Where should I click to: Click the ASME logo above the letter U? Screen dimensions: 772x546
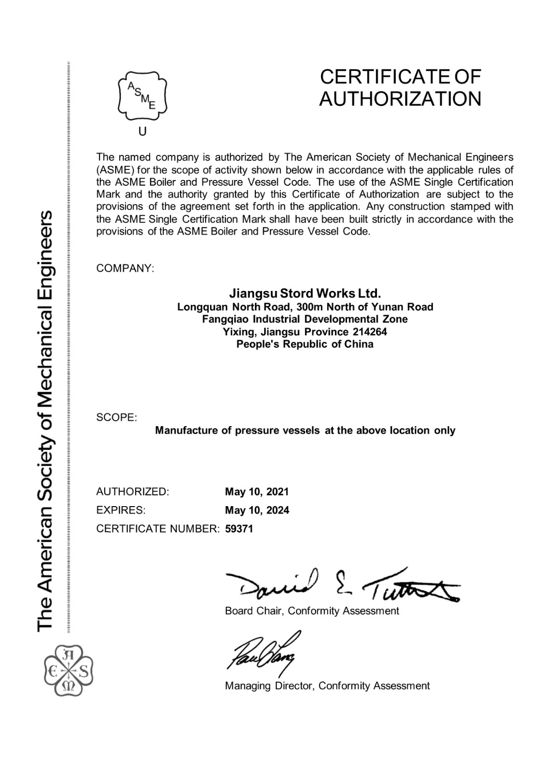point(142,96)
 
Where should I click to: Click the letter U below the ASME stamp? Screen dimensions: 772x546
point(142,131)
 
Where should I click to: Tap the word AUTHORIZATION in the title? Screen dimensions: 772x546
point(400,99)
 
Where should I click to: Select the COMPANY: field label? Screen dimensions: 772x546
point(125,269)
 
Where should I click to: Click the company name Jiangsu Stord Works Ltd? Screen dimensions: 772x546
point(305,293)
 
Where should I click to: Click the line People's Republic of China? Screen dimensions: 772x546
point(305,345)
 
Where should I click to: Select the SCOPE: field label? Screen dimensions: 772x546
point(116,418)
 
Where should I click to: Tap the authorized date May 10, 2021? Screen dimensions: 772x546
point(257,492)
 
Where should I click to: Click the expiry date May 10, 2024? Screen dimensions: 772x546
point(257,510)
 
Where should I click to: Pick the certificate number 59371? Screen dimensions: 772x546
point(239,529)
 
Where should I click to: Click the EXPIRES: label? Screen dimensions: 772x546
point(121,510)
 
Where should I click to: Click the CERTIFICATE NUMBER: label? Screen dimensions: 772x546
point(158,529)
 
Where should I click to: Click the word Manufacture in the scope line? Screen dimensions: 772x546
point(186,430)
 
